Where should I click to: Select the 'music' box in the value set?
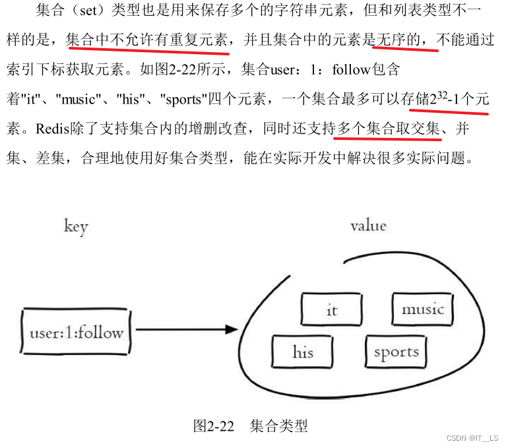coord(422,309)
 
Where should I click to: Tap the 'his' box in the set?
coord(303,352)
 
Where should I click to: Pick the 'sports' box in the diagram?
coord(396,352)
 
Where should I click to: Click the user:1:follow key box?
coord(77,331)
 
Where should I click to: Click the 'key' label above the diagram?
coord(76,227)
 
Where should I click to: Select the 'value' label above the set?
coord(368,226)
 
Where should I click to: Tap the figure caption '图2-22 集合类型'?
coord(250,426)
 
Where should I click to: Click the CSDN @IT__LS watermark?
coord(472,438)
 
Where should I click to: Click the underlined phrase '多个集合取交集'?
coord(388,128)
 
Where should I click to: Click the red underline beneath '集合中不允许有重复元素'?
coord(148,50)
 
